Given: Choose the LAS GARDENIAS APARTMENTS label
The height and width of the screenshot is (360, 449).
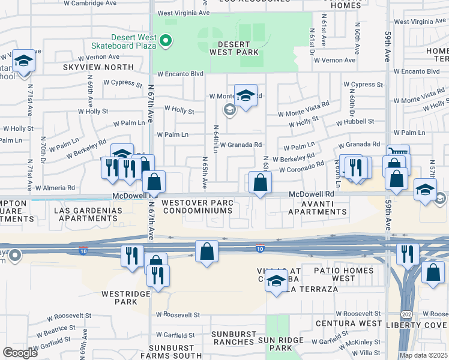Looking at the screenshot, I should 88,214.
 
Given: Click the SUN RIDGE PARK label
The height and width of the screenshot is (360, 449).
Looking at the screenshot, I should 282,343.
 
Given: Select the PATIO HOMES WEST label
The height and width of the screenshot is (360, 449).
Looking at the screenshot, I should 343,274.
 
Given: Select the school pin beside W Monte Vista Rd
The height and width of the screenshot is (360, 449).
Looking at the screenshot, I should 246,95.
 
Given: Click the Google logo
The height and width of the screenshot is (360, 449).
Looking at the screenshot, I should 20,353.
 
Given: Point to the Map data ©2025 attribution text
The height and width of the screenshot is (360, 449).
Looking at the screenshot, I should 423,355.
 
